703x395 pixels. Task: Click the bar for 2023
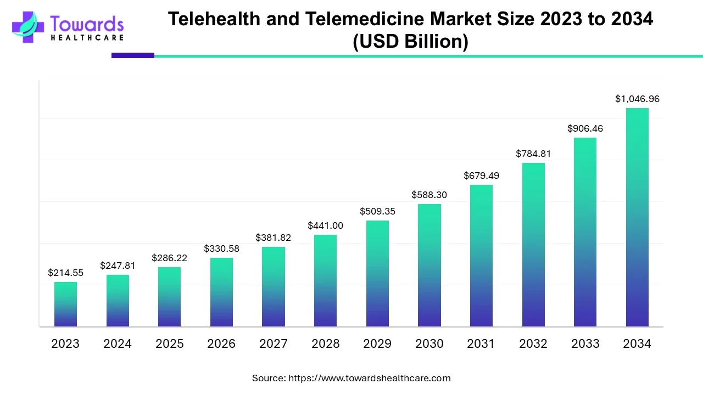tap(65, 304)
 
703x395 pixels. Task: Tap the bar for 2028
tap(325, 281)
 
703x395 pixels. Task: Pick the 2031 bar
tap(481, 256)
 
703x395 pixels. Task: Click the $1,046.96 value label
tap(637, 99)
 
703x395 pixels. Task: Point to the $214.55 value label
tap(65, 273)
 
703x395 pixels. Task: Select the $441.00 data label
tap(325, 225)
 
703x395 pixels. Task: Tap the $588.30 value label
tap(429, 195)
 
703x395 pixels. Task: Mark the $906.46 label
tap(585, 129)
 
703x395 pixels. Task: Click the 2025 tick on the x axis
tap(169, 344)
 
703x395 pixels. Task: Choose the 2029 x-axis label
tap(377, 344)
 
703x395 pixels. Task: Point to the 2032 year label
tap(533, 344)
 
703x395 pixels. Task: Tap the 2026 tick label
tap(221, 344)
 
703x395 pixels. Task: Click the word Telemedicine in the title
tap(353, 19)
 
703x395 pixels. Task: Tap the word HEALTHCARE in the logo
tap(87, 37)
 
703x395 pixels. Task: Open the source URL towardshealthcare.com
tap(369, 378)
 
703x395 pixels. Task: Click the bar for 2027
tap(274, 287)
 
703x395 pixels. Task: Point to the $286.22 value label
tap(169, 258)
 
